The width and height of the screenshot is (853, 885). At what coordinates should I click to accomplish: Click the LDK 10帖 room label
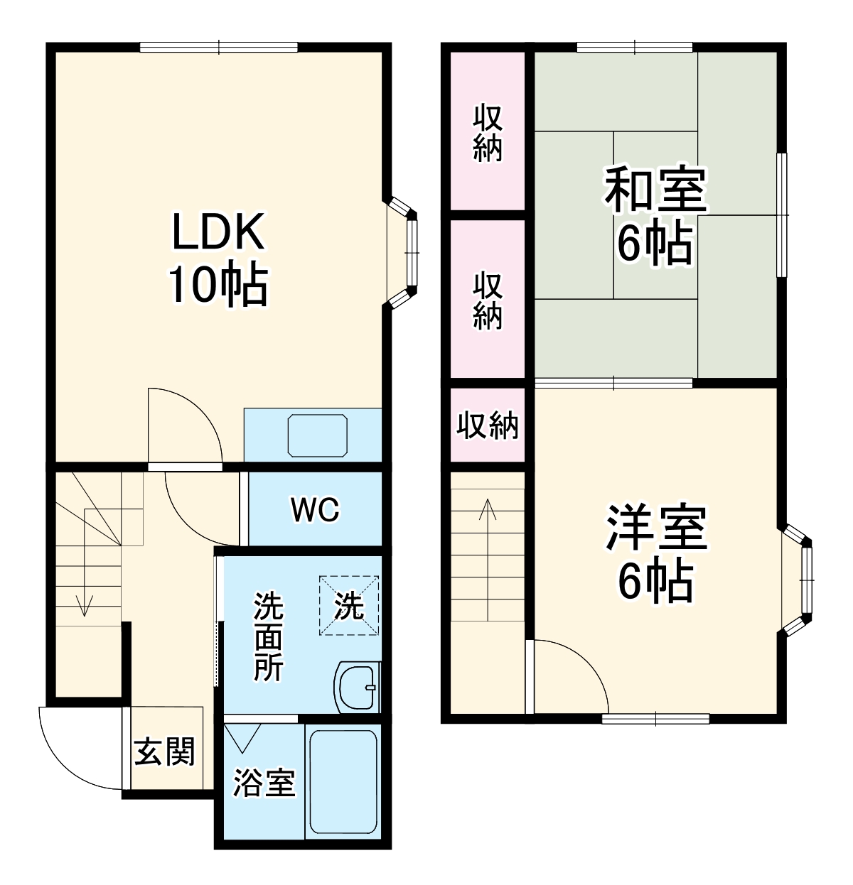[218, 258]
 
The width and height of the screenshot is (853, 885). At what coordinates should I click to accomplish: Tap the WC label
[316, 509]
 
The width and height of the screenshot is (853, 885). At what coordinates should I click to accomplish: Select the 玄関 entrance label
[165, 751]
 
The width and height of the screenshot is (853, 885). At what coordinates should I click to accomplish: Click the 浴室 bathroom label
[264, 783]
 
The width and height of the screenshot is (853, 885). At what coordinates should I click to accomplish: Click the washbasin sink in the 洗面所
[357, 687]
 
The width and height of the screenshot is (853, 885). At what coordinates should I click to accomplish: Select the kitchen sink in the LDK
[318, 435]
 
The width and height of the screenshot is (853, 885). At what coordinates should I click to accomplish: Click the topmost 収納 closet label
[488, 132]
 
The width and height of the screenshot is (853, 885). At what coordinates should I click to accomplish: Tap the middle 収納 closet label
[488, 300]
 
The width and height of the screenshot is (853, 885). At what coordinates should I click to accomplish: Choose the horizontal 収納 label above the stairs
[488, 425]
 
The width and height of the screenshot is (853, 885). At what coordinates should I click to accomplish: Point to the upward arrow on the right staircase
[488, 511]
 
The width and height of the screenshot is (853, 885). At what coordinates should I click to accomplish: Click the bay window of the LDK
[405, 252]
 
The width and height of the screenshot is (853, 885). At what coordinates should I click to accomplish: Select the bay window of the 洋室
[800, 580]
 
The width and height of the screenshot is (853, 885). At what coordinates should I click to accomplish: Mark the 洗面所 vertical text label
[269, 636]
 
